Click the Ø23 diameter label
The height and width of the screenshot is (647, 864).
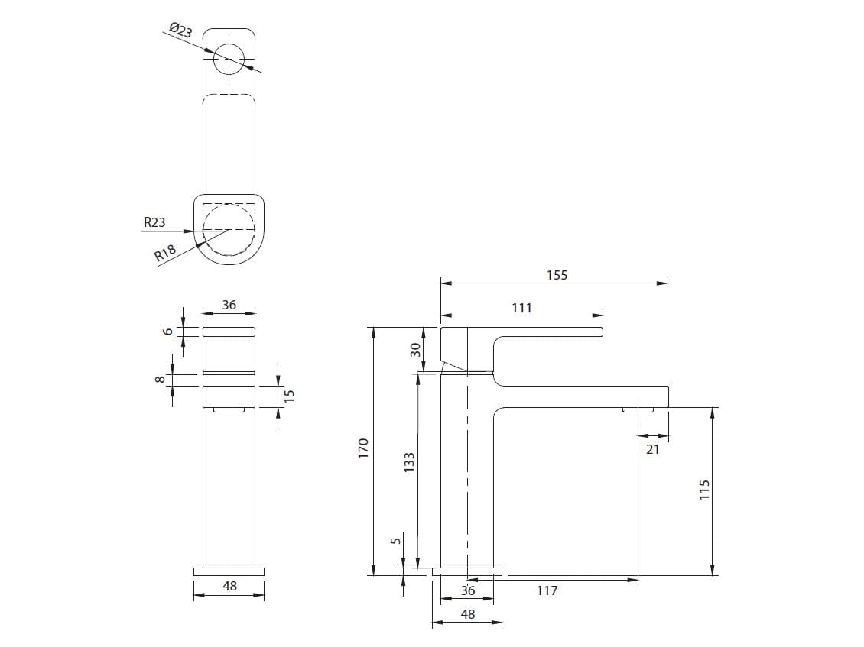tap(180, 31)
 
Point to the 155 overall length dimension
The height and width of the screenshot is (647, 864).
tap(557, 275)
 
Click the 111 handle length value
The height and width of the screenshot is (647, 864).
tap(521, 308)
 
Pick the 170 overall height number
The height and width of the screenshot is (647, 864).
tap(364, 448)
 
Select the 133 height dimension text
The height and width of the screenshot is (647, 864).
tap(409, 462)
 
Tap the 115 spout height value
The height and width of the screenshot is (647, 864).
tap(705, 490)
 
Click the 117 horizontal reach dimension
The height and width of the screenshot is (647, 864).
tap(547, 590)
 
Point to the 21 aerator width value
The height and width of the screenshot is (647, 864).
tap(652, 450)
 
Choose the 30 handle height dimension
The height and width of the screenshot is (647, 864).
tap(415, 350)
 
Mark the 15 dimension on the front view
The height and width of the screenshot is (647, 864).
tap(289, 396)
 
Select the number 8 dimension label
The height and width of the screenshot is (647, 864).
tap(161, 380)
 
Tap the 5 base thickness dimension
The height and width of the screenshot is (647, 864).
tap(395, 541)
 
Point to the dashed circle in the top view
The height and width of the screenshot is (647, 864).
tap(229, 229)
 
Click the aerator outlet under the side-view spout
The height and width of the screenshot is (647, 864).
tap(638, 410)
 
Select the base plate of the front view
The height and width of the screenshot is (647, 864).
tap(229, 571)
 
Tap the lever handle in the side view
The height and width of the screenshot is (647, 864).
tap(535, 332)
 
